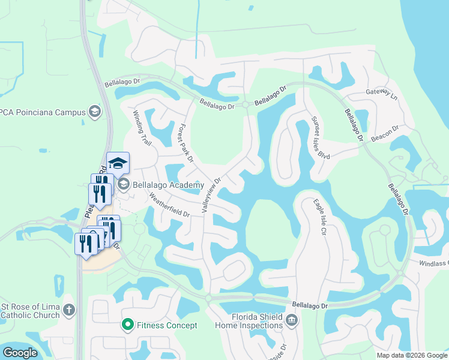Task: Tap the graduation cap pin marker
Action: (x=118, y=164)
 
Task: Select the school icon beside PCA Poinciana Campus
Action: (x=94, y=111)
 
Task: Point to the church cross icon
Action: (x=69, y=310)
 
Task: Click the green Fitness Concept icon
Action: (x=127, y=325)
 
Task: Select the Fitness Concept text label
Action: (x=167, y=325)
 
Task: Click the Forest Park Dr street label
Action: (x=185, y=143)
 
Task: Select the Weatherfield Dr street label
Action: (x=169, y=205)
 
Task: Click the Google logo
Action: (x=20, y=353)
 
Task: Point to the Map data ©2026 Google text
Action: (x=411, y=355)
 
